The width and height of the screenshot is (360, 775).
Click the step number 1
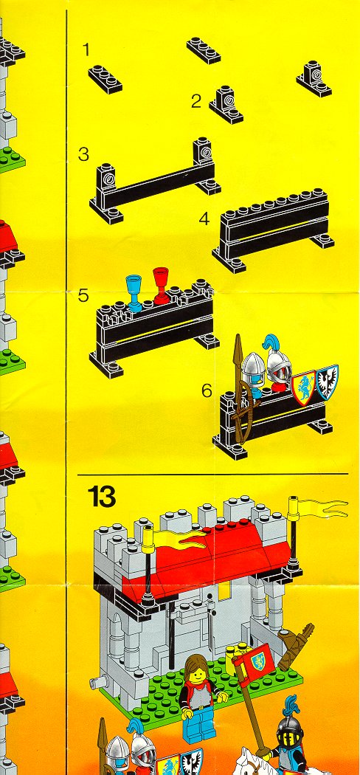coord(87,50)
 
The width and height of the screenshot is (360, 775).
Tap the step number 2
coord(196,102)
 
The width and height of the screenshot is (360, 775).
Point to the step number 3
coord(83,155)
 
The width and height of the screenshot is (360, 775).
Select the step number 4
coord(204,218)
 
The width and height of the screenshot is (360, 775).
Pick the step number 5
coord(83,295)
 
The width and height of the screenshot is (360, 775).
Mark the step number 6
coord(207,390)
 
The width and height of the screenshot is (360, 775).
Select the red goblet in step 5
coord(161,285)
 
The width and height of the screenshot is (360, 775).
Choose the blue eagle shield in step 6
coord(327,382)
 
